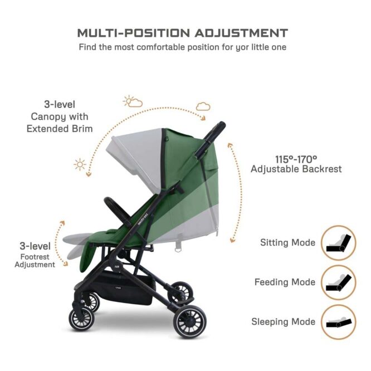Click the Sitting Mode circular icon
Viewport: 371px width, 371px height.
(x=338, y=243)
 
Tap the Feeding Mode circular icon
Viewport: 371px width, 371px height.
(x=338, y=282)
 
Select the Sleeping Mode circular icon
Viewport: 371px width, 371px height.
(x=338, y=322)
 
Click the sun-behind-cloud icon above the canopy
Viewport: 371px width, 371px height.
(x=133, y=101)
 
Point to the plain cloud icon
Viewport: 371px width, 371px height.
(x=203, y=106)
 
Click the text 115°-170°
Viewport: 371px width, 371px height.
(x=296, y=158)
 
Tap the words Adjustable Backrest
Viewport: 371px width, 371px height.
(x=296, y=169)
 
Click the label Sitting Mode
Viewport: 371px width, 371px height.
(x=287, y=243)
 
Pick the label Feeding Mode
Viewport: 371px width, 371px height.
(x=285, y=282)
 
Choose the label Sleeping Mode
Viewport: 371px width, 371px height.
(x=284, y=322)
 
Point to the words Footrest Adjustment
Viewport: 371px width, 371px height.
(x=35, y=261)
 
